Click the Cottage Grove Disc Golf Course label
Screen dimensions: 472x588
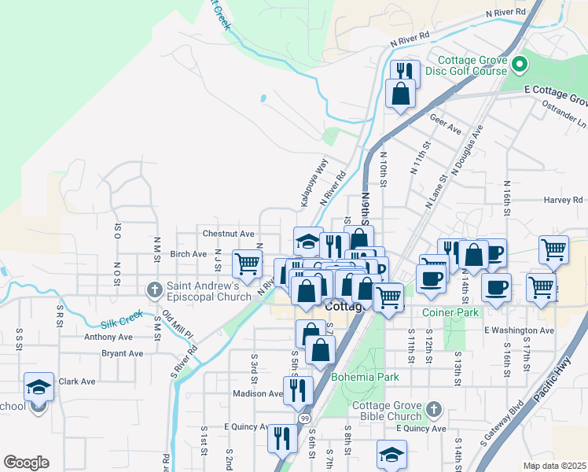point(472,65)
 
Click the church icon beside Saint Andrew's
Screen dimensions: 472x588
point(155,290)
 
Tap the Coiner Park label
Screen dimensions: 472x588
point(450,312)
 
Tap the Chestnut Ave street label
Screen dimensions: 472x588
point(229,234)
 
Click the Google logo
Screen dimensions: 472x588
point(26,463)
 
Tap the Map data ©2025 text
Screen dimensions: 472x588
point(554,465)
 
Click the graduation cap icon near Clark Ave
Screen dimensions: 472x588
point(39,386)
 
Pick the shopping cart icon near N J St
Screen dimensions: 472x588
point(247,264)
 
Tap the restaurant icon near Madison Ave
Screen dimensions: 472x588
point(298,390)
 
